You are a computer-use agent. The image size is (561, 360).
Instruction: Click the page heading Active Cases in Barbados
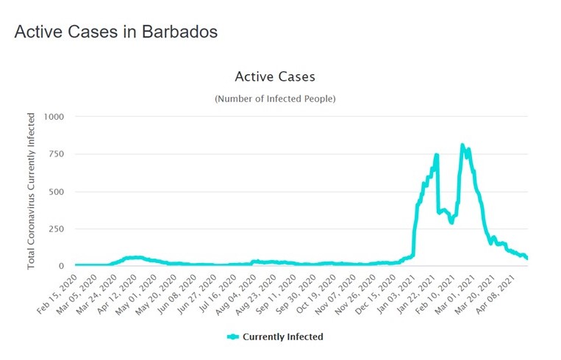coord(115,32)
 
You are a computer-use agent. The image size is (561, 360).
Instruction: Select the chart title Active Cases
coord(275,76)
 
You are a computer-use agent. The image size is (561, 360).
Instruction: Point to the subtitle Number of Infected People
coord(275,98)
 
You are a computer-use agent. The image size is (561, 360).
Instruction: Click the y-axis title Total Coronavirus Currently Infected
coord(32,190)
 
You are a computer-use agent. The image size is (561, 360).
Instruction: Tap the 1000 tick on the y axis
coord(54,117)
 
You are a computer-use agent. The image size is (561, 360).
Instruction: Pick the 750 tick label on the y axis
coord(57,154)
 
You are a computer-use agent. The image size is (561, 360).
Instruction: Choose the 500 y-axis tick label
coord(57,192)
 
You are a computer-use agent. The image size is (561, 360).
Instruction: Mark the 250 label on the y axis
coord(57,229)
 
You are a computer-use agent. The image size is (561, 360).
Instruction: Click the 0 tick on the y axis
coord(62,266)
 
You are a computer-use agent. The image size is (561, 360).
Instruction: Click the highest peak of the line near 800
coord(462,145)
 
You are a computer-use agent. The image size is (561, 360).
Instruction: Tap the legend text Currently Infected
coord(283,336)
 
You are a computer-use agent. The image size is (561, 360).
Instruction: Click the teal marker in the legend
coord(234,336)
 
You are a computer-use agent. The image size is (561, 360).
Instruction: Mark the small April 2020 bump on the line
coord(132,257)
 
